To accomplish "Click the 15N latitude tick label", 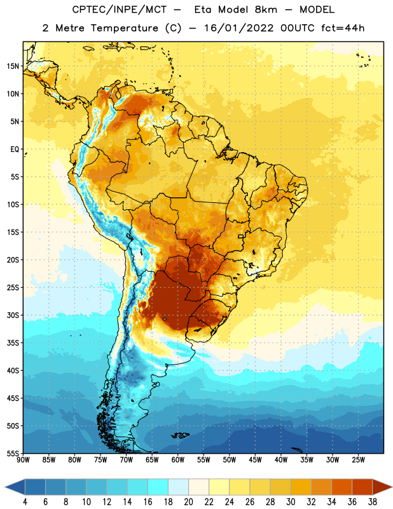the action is pos(13,66).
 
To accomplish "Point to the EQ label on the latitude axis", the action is pos(15,150).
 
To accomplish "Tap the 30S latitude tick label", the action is pos(13,315).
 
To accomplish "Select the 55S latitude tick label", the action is pos(13,453).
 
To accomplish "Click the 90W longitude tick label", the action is pos(23,460).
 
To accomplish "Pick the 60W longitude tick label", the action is pos(178,460).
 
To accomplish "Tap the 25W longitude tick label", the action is pos(358,460).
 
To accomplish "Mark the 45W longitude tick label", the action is pos(255,460).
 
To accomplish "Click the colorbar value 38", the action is pos(372,502).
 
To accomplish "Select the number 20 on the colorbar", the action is pos(188,502).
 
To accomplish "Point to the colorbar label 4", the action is pos(25,502).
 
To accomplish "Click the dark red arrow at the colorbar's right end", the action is pos(383,487).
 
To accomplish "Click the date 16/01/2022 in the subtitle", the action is pos(239,28).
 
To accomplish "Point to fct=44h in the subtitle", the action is pos(343,28).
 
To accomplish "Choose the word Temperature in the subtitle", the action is pos(124,28).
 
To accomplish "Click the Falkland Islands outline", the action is pos(181,435).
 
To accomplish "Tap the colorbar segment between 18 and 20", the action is pos(179,487).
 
